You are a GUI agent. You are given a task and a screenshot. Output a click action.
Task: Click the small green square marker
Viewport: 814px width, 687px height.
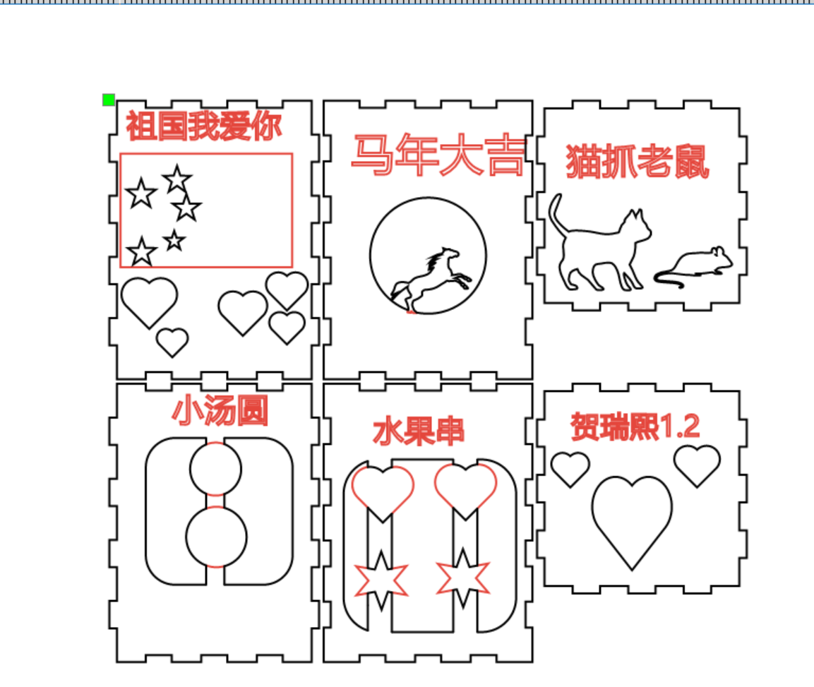click(x=109, y=100)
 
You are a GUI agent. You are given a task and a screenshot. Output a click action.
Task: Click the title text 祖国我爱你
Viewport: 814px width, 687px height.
click(x=203, y=126)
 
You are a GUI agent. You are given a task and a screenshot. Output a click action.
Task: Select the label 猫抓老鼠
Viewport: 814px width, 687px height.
click(x=638, y=162)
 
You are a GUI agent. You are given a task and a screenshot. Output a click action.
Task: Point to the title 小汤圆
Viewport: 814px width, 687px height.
click(x=220, y=410)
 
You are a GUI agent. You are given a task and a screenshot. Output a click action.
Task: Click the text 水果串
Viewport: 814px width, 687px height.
click(x=419, y=431)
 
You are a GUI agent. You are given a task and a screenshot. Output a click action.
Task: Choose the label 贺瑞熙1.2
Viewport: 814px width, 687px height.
click(x=635, y=426)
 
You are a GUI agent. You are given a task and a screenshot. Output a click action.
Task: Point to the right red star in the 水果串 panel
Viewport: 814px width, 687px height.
click(x=462, y=578)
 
